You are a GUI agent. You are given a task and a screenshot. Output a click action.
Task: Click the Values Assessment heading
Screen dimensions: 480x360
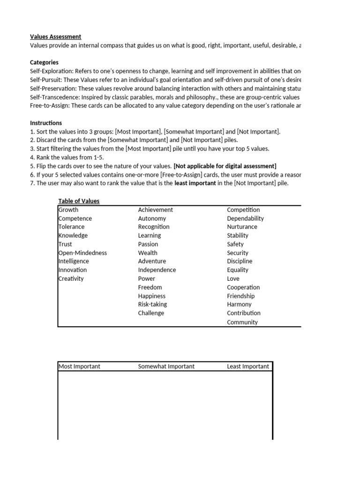tap(55, 37)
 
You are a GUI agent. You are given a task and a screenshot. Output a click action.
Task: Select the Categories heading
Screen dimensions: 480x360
tap(44, 62)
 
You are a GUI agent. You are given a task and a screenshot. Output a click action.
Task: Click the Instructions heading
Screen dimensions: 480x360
tap(46, 123)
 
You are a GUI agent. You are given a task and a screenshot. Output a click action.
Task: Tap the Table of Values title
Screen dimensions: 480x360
tap(79, 201)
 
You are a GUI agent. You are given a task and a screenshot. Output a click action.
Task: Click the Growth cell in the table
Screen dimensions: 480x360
tap(68, 210)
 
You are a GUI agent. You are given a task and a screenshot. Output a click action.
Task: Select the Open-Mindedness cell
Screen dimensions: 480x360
tap(82, 253)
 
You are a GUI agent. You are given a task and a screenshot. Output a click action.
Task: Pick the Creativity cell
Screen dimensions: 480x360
tap(71, 278)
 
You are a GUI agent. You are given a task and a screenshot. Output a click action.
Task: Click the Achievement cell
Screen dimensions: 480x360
tap(155, 210)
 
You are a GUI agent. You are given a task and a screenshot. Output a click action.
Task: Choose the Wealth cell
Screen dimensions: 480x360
tap(148, 253)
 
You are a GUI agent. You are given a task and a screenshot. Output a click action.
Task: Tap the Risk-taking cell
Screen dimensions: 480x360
tap(152, 304)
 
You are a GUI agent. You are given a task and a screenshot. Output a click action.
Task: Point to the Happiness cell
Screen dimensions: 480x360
tap(151, 296)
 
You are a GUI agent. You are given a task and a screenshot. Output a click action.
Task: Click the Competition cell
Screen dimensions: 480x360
tap(243, 210)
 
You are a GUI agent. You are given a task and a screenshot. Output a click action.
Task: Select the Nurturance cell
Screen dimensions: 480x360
tap(242, 227)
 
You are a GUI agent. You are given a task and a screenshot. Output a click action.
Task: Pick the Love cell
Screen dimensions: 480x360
tap(233, 278)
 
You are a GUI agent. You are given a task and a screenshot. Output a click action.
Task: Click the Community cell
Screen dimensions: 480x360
tap(242, 322)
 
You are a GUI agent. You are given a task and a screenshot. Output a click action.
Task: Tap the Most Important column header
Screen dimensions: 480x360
tap(79, 367)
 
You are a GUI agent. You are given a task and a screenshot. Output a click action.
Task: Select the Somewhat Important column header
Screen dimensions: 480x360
tap(166, 367)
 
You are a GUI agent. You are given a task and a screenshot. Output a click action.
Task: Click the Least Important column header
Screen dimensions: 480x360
tap(248, 367)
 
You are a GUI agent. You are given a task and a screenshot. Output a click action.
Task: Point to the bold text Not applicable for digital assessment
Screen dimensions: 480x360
tap(225, 166)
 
